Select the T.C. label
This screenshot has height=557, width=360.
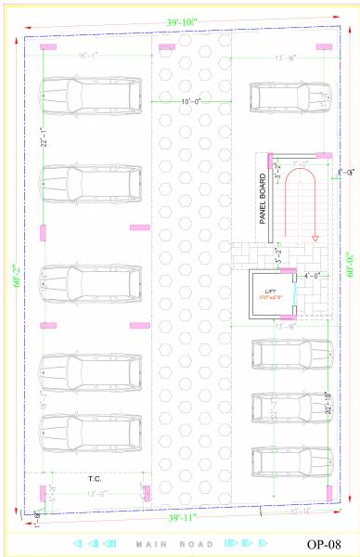coord(94,480)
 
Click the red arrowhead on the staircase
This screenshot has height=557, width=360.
coord(315,234)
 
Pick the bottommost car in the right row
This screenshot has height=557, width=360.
coord(290,461)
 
